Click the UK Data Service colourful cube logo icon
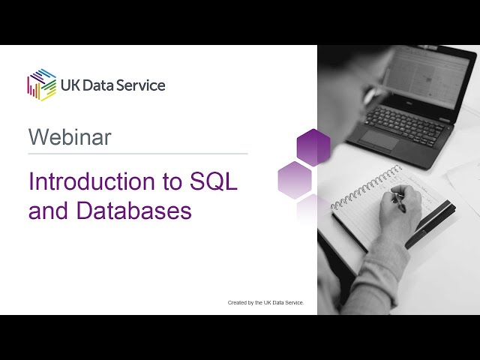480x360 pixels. (42, 84)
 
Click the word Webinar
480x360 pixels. (70, 137)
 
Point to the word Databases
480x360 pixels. (133, 211)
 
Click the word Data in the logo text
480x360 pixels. (102, 85)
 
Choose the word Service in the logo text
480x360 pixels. (142, 85)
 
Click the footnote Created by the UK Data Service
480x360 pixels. (265, 303)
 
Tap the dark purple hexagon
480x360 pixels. (313, 147)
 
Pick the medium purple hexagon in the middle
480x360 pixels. (295, 180)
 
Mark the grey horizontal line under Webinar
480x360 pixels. (138, 154)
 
